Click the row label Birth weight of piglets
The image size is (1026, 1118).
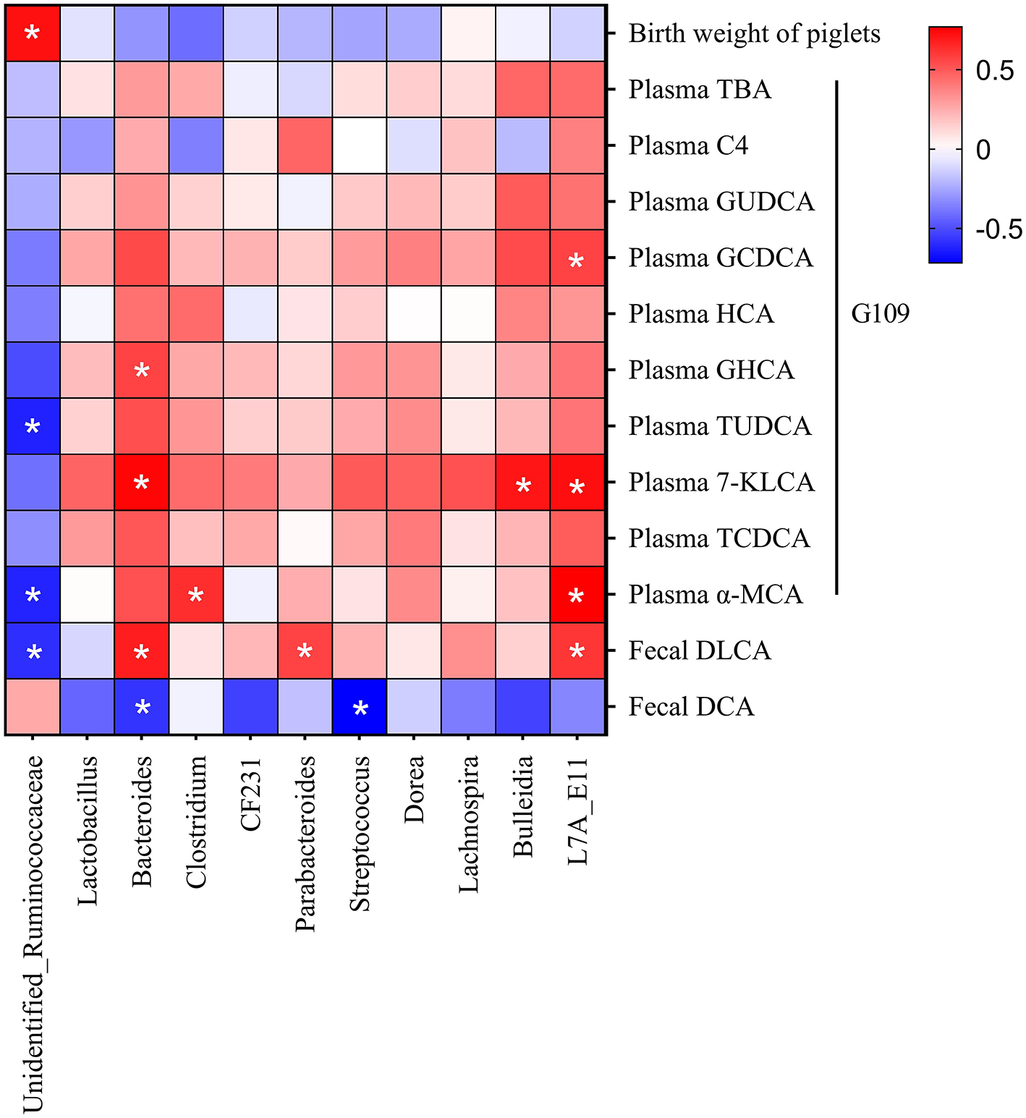click(754, 34)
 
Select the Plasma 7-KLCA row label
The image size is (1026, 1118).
click(721, 483)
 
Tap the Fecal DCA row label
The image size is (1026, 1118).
click(691, 707)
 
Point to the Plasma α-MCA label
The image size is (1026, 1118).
click(716, 595)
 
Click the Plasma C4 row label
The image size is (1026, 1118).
click(688, 146)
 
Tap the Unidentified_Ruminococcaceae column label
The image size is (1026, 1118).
click(33, 933)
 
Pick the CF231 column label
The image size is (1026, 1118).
click(250, 793)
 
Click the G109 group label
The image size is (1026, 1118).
click(880, 314)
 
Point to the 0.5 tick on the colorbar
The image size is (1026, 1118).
click(994, 70)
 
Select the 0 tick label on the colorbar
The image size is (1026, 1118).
click(983, 150)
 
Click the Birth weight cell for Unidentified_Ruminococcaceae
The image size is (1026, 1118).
click(33, 33)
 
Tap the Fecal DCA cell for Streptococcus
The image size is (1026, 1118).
click(360, 707)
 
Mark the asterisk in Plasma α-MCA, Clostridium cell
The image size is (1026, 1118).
click(195, 596)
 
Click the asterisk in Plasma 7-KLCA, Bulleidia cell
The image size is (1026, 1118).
click(523, 485)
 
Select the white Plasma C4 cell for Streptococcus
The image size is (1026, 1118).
click(360, 146)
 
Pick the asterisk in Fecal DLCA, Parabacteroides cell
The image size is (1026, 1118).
click(305, 652)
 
